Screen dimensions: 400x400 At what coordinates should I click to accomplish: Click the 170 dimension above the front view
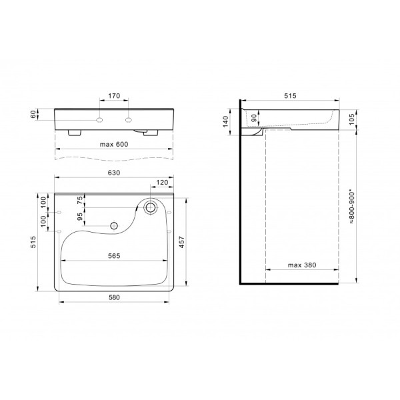(x=113, y=96)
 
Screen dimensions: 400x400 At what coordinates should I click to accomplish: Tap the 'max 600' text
(x=113, y=145)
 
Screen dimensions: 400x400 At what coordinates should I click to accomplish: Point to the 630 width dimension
(x=113, y=173)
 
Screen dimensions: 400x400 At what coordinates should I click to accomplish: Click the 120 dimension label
(x=161, y=182)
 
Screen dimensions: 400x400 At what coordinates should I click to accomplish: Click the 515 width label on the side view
(x=290, y=96)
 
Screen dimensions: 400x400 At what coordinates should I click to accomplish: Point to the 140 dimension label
(x=225, y=121)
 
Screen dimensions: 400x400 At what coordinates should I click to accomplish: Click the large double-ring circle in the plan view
(x=151, y=207)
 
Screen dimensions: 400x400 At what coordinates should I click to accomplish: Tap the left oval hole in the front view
(x=99, y=120)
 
